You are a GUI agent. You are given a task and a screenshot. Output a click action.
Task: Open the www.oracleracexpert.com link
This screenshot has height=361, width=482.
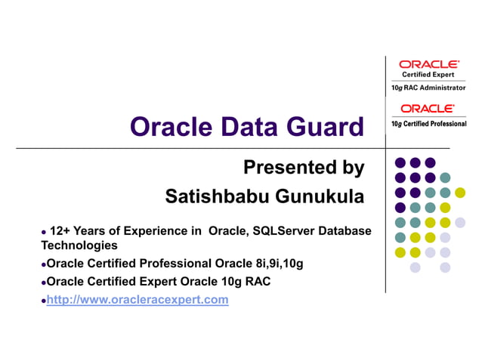coord(137,300)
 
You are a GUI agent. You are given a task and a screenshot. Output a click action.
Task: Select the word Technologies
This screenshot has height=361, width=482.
coord(79,245)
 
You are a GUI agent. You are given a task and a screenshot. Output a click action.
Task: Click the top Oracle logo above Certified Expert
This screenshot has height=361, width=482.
coord(428,65)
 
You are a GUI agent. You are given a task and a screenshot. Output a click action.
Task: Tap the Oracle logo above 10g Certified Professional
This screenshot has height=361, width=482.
coord(428,109)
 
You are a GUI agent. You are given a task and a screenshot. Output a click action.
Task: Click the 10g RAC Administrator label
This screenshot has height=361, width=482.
coord(428,88)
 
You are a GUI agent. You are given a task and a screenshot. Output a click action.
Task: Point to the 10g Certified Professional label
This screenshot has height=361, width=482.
coord(428,123)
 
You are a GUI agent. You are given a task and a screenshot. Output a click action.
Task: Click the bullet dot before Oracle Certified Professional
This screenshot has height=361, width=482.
coord(43,264)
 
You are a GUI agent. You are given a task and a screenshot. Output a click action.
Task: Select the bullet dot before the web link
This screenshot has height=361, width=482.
coord(43,301)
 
